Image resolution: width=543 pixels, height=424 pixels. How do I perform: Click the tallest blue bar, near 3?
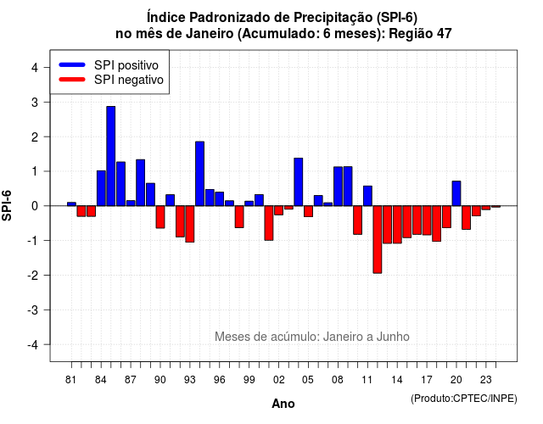pyautogui.click(x=111, y=156)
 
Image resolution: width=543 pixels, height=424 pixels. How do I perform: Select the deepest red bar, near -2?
pyautogui.click(x=378, y=239)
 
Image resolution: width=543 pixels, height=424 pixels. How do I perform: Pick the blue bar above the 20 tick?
pyautogui.click(x=456, y=193)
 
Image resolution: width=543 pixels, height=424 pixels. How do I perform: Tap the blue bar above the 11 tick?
pyautogui.click(x=367, y=196)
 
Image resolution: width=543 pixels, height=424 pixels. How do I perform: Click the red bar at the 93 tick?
pyautogui.click(x=190, y=224)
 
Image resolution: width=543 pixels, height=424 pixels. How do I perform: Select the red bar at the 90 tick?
pyautogui.click(x=160, y=217)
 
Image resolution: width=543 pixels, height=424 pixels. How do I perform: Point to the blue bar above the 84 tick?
pyautogui.click(x=101, y=188)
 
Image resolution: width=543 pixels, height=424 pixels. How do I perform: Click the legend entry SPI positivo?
pyautogui.click(x=109, y=65)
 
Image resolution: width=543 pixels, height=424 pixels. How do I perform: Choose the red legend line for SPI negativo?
pyautogui.click(x=72, y=80)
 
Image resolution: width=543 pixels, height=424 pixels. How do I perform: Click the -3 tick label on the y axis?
pyautogui.click(x=33, y=310)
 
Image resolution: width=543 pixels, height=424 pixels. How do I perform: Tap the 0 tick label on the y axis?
pyautogui.click(x=34, y=206)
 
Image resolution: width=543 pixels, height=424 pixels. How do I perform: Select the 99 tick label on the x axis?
pyautogui.click(x=249, y=380)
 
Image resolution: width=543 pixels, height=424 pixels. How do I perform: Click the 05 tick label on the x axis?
pyautogui.click(x=308, y=380)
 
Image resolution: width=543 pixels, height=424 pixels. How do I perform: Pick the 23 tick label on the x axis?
pyautogui.click(x=486, y=380)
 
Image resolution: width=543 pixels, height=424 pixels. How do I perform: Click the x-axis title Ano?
pyautogui.click(x=283, y=404)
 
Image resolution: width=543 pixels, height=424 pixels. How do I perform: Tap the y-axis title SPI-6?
pyautogui.click(x=7, y=205)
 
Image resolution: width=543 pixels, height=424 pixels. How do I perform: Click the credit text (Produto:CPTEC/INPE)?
pyautogui.click(x=464, y=399)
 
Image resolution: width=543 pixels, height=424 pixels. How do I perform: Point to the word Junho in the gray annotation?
pyautogui.click(x=393, y=337)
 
